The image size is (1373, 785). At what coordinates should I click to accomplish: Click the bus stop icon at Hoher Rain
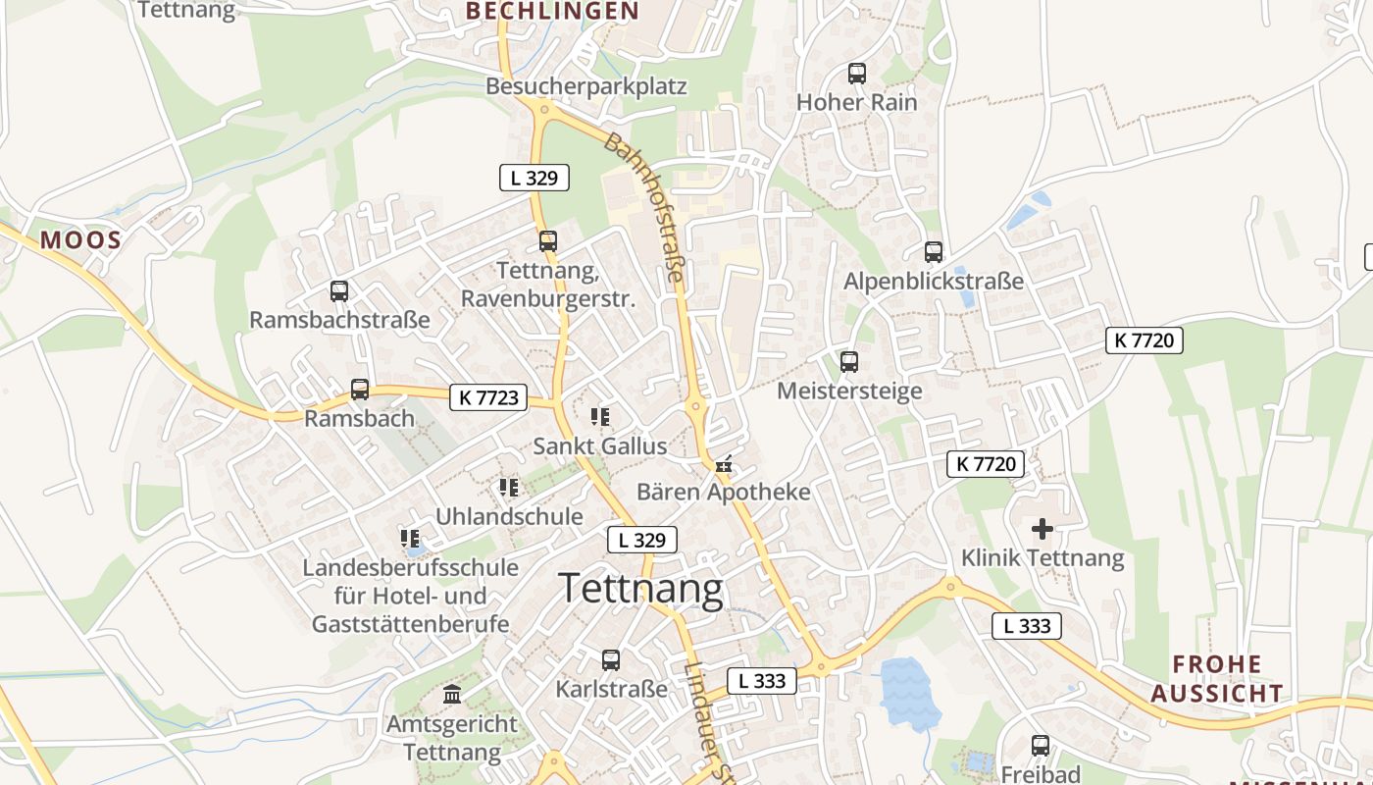click(x=856, y=73)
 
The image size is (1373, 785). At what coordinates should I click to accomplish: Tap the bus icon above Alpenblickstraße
click(x=933, y=252)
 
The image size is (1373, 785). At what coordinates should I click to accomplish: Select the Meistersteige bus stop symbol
click(x=849, y=362)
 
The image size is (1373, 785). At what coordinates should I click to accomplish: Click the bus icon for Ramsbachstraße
click(x=339, y=291)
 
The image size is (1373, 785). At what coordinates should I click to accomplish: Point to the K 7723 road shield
click(x=488, y=397)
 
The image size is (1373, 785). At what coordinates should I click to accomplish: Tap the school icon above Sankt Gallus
click(x=600, y=417)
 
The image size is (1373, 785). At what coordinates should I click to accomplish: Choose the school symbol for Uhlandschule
click(x=508, y=487)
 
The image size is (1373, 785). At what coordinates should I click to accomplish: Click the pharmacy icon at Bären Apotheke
click(x=725, y=464)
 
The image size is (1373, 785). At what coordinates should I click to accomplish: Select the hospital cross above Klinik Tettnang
click(x=1042, y=530)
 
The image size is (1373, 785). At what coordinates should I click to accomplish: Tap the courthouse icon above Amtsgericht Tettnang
click(x=452, y=695)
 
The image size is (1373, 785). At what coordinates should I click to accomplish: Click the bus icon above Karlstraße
click(x=611, y=660)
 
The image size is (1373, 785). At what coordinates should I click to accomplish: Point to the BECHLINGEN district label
click(x=552, y=12)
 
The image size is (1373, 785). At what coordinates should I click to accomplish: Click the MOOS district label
click(x=80, y=240)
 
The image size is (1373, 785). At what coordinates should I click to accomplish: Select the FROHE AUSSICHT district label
click(x=1217, y=679)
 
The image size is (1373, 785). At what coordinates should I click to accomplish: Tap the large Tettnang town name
click(x=641, y=589)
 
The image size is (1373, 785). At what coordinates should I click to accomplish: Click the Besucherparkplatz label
click(x=585, y=86)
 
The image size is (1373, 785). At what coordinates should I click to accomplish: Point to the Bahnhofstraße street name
click(x=643, y=208)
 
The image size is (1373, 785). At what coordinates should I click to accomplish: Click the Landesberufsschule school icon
click(x=410, y=538)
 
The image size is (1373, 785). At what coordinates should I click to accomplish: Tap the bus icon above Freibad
click(x=1040, y=746)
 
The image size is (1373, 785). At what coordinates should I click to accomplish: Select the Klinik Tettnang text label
click(x=1042, y=558)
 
